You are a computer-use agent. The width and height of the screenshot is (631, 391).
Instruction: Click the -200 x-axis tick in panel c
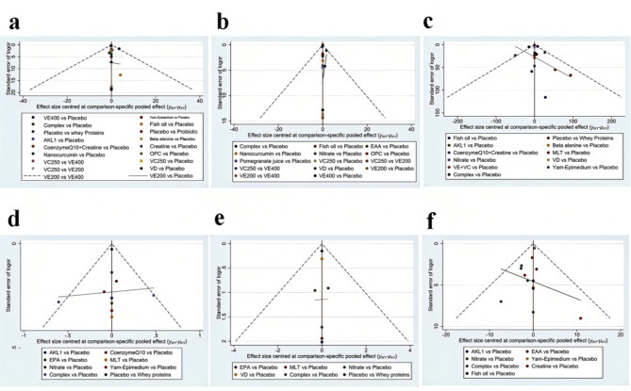click(x=457, y=122)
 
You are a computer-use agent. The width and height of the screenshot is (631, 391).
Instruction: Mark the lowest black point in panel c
click(x=544, y=97)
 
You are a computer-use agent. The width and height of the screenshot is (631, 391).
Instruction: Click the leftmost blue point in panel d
click(x=58, y=301)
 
